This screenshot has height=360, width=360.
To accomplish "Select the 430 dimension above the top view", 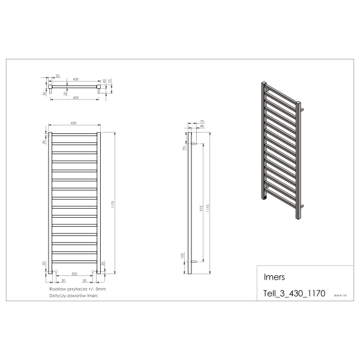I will click(76, 79).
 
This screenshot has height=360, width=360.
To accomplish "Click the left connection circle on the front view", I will click(55, 272).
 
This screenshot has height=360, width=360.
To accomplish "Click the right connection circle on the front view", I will click(93, 272).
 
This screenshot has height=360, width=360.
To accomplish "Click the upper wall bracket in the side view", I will click(194, 144).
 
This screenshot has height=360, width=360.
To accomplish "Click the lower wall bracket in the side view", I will click(194, 262).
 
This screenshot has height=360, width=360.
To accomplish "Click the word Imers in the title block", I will click(274, 278).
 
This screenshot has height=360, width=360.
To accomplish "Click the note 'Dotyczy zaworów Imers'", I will click(74, 296).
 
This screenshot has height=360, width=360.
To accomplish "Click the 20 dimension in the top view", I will click(65, 93).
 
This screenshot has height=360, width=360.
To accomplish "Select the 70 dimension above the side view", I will click(202, 122).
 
